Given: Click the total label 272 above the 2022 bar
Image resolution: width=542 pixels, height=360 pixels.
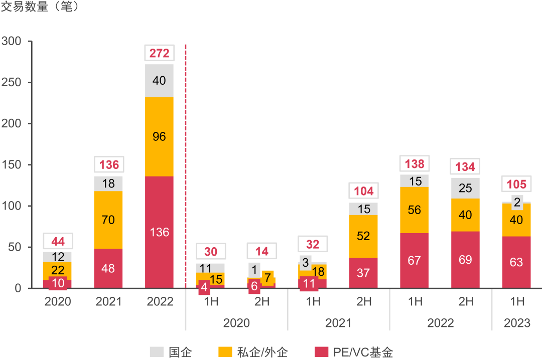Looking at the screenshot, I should pyautogui.click(x=159, y=53).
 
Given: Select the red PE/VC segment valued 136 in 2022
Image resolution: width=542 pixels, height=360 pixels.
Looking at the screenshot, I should pyautogui.click(x=159, y=232).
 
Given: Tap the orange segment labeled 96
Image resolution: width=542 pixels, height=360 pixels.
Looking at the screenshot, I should pyautogui.click(x=159, y=136).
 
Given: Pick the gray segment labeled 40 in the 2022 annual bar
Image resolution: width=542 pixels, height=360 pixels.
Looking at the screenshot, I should pyautogui.click(x=159, y=81).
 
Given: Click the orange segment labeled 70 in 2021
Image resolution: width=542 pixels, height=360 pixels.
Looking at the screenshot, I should pyautogui.click(x=108, y=220).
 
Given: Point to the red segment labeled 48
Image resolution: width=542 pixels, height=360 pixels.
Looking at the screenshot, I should pyautogui.click(x=108, y=268).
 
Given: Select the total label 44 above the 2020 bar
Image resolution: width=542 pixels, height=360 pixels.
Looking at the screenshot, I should pyautogui.click(x=58, y=242).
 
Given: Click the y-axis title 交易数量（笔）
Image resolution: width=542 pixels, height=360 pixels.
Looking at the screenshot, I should pyautogui.click(x=40, y=9).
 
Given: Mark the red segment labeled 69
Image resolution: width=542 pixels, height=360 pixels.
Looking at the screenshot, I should pyautogui.click(x=465, y=260).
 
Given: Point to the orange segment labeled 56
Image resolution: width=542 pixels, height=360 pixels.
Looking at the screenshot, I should pyautogui.click(x=415, y=211).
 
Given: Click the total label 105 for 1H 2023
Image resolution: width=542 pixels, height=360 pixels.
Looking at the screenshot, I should pyautogui.click(x=516, y=184).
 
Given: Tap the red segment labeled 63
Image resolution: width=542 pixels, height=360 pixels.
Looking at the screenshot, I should pyautogui.click(x=516, y=262).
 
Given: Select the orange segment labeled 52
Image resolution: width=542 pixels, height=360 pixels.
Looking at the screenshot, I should pyautogui.click(x=363, y=236).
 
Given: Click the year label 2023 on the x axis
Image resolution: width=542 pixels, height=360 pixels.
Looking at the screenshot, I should pyautogui.click(x=517, y=323).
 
